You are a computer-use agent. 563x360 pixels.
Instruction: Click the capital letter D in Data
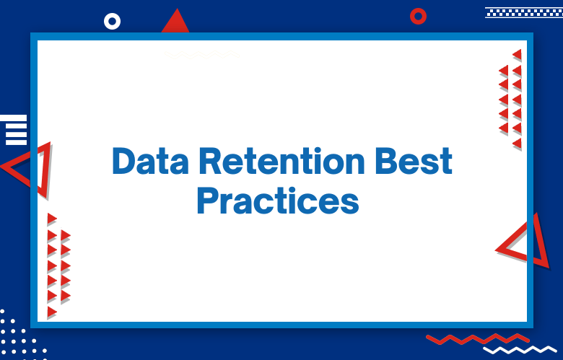(123, 162)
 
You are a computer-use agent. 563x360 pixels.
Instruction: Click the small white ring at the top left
(112, 22)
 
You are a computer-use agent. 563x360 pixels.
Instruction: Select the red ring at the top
(418, 16)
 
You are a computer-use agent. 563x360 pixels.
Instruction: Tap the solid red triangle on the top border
(175, 23)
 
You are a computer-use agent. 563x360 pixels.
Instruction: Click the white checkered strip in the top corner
(523, 12)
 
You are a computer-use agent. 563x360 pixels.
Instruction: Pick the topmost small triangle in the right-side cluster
(517, 55)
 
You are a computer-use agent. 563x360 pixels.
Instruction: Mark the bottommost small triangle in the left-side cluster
(52, 312)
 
